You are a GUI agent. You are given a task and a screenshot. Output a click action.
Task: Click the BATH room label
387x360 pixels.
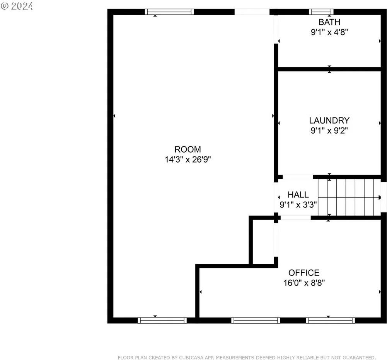click(329, 22)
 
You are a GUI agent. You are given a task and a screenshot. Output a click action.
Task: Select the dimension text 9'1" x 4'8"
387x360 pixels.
click(329, 32)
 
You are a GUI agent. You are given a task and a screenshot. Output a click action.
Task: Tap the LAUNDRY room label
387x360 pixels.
click(329, 121)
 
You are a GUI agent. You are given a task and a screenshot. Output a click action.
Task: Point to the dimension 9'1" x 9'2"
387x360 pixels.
click(329, 131)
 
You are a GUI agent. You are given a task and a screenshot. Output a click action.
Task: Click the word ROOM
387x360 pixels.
click(188, 149)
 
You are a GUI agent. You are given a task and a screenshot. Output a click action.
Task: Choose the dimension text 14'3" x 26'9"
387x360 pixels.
click(188, 160)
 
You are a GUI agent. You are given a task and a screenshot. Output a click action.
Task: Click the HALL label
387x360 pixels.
click(298, 195)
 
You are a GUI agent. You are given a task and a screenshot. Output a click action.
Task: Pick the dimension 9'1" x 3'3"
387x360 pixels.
click(298, 205)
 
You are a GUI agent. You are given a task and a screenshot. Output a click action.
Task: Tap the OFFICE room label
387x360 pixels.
click(304, 273)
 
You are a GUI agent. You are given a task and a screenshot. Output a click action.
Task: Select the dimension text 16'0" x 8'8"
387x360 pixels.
click(304, 283)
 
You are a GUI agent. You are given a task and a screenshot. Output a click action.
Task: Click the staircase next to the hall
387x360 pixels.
click(350, 197)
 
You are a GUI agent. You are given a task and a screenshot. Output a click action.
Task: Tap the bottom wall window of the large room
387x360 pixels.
click(162, 320)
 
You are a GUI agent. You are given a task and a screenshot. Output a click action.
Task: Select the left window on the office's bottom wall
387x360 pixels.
click(256, 320)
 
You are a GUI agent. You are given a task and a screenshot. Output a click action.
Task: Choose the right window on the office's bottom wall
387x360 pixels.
click(330, 320)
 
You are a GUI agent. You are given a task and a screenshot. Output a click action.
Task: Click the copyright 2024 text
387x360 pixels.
click(17, 6)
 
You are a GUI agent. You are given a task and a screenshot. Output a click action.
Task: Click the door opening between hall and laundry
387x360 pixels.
click(298, 177)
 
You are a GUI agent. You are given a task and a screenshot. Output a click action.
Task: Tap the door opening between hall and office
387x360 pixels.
click(295, 218)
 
